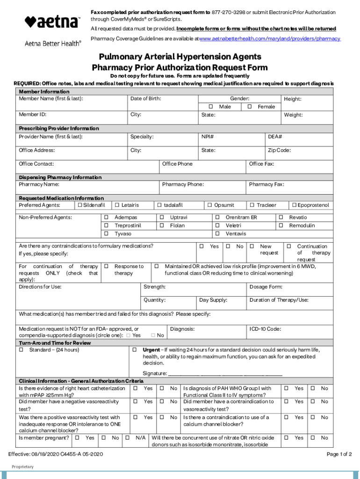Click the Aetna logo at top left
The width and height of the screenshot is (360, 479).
(x=52, y=22)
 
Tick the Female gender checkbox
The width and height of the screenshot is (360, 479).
(x=250, y=107)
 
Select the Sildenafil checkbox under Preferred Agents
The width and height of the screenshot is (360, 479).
(x=80, y=205)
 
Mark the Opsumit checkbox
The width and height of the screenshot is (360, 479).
(x=210, y=205)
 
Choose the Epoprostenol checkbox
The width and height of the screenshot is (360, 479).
(x=294, y=205)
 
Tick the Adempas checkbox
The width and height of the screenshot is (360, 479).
(x=106, y=218)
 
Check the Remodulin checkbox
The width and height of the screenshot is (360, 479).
(x=281, y=225)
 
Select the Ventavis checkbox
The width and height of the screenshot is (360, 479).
(x=217, y=233)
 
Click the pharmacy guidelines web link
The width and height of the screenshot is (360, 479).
(x=270, y=38)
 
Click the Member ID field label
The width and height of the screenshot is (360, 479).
(x=32, y=115)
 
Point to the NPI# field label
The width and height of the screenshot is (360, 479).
(x=208, y=137)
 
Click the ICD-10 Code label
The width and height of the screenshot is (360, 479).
(x=265, y=329)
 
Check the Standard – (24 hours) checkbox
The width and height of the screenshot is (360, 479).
(x=21, y=350)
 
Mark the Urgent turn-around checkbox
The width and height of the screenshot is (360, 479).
(x=134, y=350)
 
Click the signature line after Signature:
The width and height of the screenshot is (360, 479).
(x=225, y=374)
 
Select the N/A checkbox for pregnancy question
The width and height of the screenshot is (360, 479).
(x=127, y=438)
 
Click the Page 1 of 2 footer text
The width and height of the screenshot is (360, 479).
(x=339, y=454)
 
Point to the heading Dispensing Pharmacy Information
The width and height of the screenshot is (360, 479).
(x=60, y=177)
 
